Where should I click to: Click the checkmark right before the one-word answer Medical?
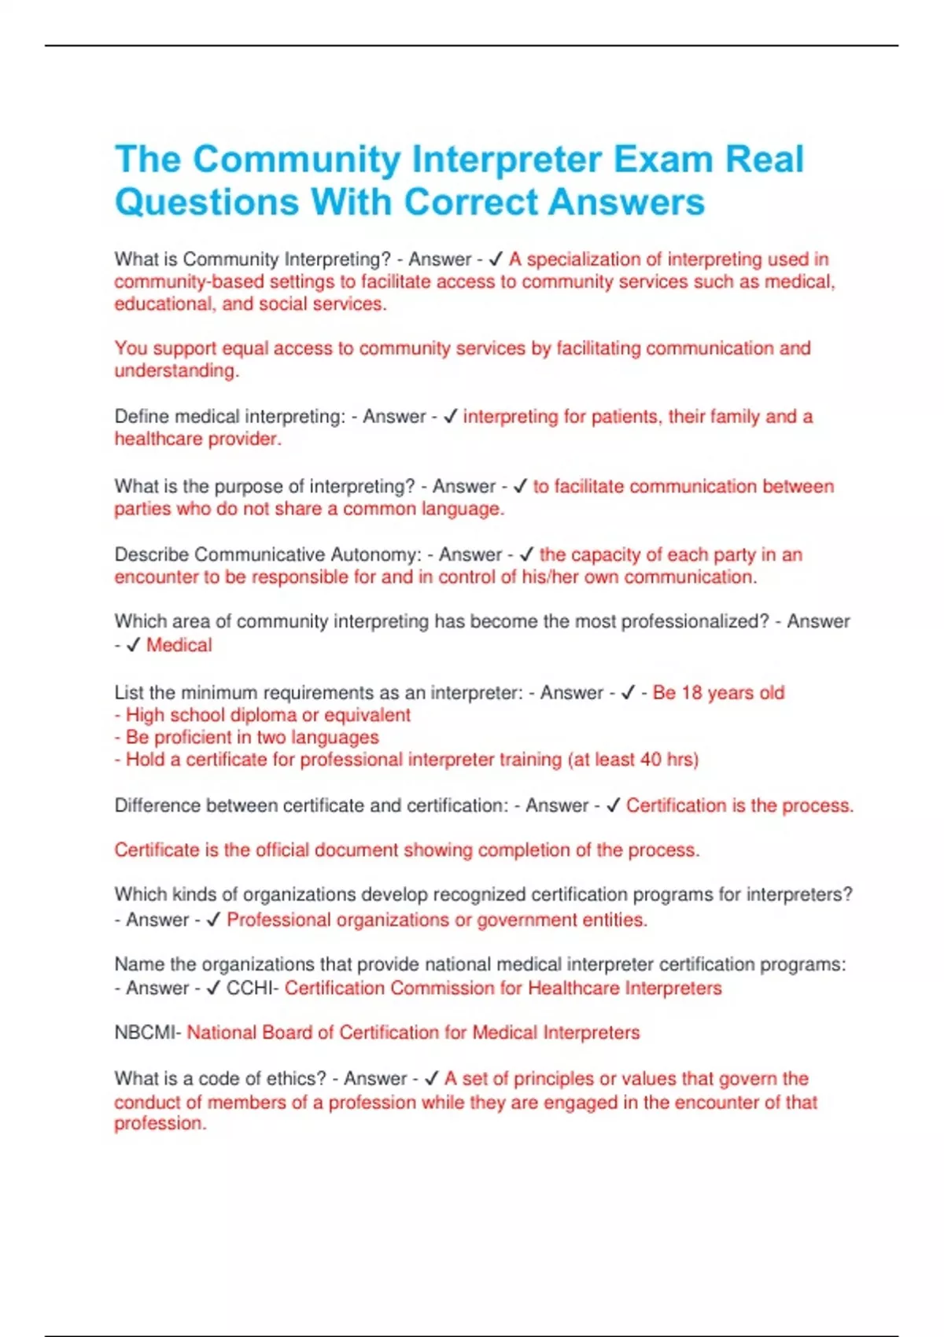coord(133,645)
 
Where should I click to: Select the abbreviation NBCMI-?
coord(148,1033)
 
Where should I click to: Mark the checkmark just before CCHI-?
coord(212,989)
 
